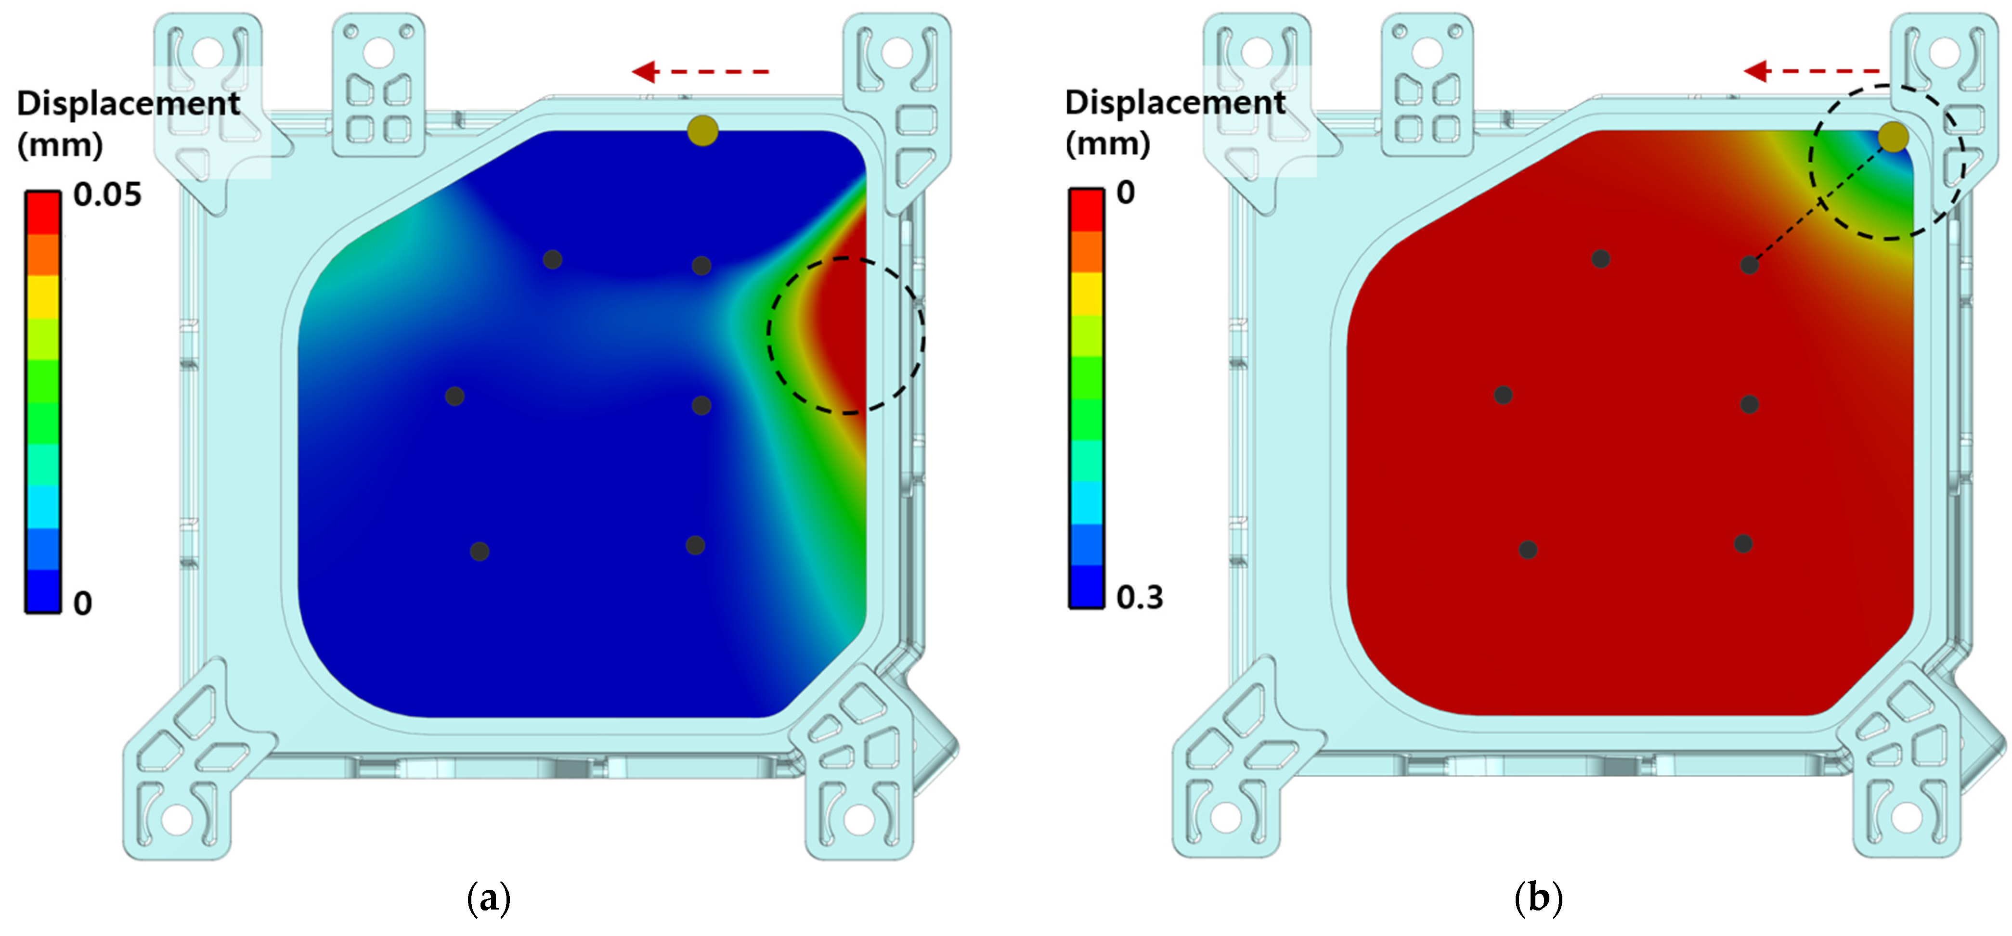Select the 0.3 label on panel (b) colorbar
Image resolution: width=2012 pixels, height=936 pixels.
tap(1140, 597)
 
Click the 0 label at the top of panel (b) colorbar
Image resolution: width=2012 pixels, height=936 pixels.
tap(1126, 192)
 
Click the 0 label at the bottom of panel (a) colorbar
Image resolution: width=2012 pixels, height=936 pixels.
tap(83, 603)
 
